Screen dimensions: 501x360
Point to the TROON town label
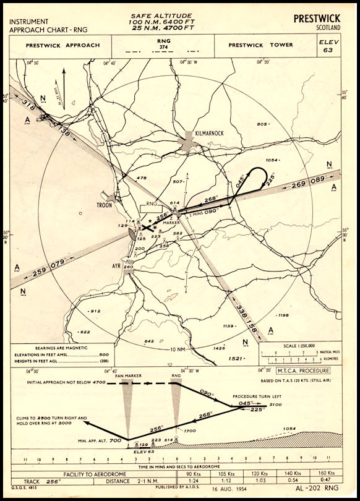[x=104, y=205]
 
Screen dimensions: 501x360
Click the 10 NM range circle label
[x=177, y=349]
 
